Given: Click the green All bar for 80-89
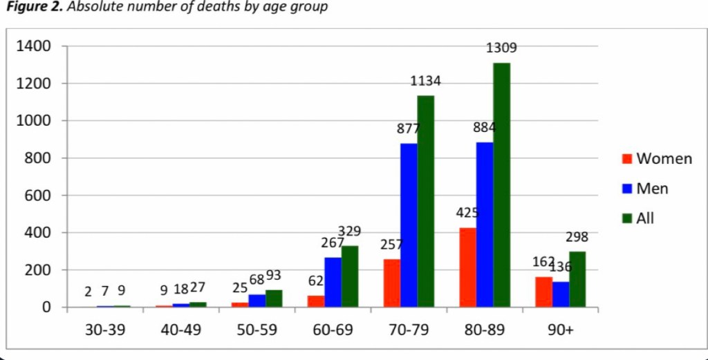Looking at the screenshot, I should [x=502, y=184].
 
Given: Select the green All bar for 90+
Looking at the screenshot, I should [x=577, y=279].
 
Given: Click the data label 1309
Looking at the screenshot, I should [x=501, y=48].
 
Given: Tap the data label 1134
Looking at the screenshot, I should [x=425, y=81].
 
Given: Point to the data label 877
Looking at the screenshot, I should [x=409, y=129].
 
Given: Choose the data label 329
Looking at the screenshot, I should [x=349, y=231].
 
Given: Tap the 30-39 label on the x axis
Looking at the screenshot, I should [x=104, y=330].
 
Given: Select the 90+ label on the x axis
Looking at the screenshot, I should [x=561, y=330].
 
